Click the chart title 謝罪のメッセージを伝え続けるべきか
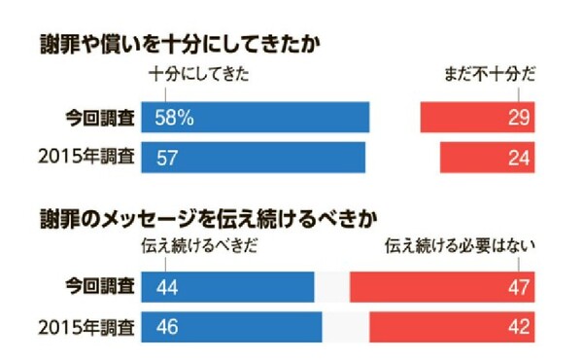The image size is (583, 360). coord(208,214)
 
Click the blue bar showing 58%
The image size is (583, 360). coord(256,117)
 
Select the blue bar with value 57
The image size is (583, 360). coord(254,157)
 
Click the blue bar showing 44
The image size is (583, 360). coord(227,287)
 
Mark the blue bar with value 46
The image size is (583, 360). coord(231,326)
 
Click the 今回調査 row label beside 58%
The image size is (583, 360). coord(99,117)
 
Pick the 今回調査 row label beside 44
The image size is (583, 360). coord(99,287)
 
